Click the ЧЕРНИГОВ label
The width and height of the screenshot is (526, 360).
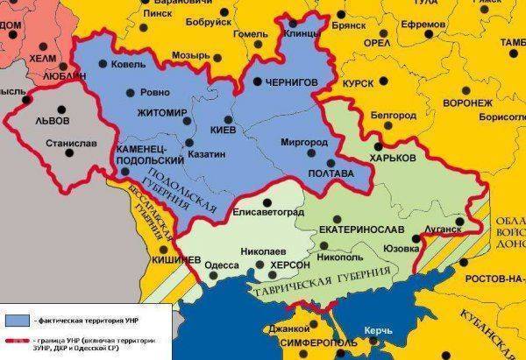pos(290,82)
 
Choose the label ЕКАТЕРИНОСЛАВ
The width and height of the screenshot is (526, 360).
pos(361,229)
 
